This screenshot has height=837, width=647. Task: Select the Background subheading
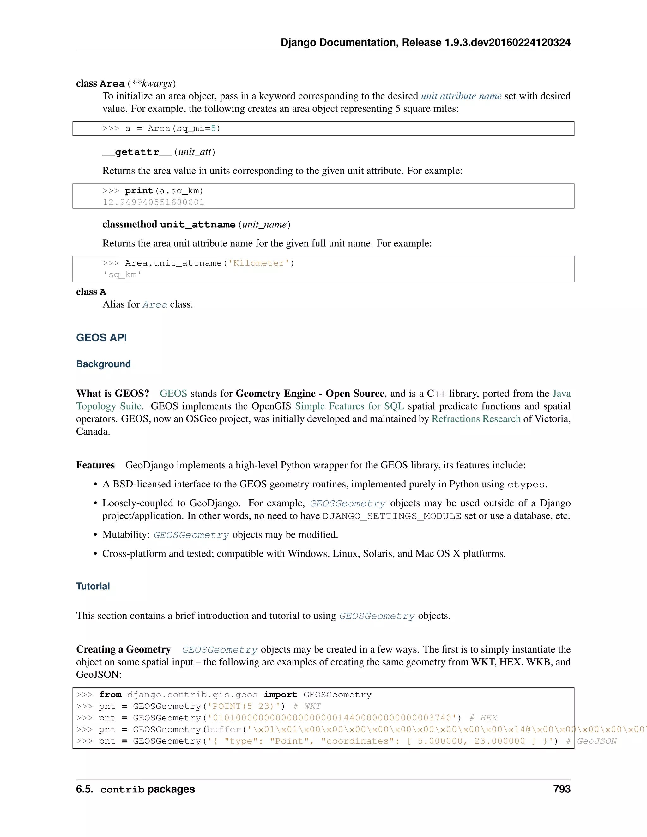[x=104, y=364]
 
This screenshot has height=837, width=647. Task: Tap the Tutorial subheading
[x=93, y=586]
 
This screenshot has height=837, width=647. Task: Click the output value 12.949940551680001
[x=153, y=202]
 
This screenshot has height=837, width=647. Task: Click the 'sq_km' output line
[x=122, y=275]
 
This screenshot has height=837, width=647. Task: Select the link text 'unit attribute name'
[x=461, y=96]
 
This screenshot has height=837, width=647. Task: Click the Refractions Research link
[x=476, y=419]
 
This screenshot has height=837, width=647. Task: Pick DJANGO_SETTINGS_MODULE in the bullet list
[x=392, y=516]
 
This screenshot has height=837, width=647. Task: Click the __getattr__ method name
[x=137, y=152]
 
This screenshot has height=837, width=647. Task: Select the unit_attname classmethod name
[x=197, y=225]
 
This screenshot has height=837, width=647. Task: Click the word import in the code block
[x=280, y=695]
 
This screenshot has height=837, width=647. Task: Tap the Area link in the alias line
[x=155, y=305]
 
